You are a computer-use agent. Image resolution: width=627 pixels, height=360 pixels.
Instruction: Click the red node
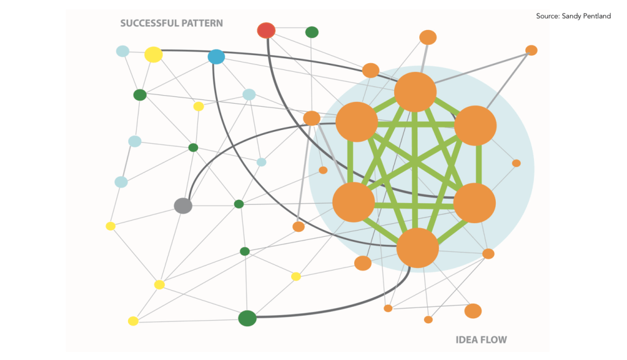pos(267,31)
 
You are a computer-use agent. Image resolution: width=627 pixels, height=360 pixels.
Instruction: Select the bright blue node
pos(216,57)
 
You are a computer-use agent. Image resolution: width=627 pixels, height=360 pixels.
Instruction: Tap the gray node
pos(183,205)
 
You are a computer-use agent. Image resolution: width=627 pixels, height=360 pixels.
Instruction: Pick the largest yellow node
pos(154,55)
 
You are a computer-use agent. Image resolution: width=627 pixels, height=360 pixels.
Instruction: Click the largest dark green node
pos(247,318)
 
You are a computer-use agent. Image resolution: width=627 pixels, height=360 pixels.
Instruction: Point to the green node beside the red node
pos(312,32)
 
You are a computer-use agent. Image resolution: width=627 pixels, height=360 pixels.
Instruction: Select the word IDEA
pos(466,340)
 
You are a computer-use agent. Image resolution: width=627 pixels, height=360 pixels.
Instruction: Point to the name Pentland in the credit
pos(595,16)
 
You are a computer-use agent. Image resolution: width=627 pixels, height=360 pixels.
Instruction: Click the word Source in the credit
pos(547,16)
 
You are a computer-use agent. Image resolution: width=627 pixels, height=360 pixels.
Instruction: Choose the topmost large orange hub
pos(415,91)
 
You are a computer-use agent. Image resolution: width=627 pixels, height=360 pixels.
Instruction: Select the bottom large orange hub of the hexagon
pos(417,248)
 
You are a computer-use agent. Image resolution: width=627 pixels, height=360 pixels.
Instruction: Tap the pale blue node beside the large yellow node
pos(123,51)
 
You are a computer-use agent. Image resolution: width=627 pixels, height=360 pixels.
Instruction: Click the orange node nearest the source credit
pos(531,50)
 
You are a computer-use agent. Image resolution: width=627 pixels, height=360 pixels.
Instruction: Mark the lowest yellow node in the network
pos(133,321)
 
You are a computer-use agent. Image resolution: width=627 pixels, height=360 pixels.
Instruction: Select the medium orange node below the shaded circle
pos(473,311)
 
